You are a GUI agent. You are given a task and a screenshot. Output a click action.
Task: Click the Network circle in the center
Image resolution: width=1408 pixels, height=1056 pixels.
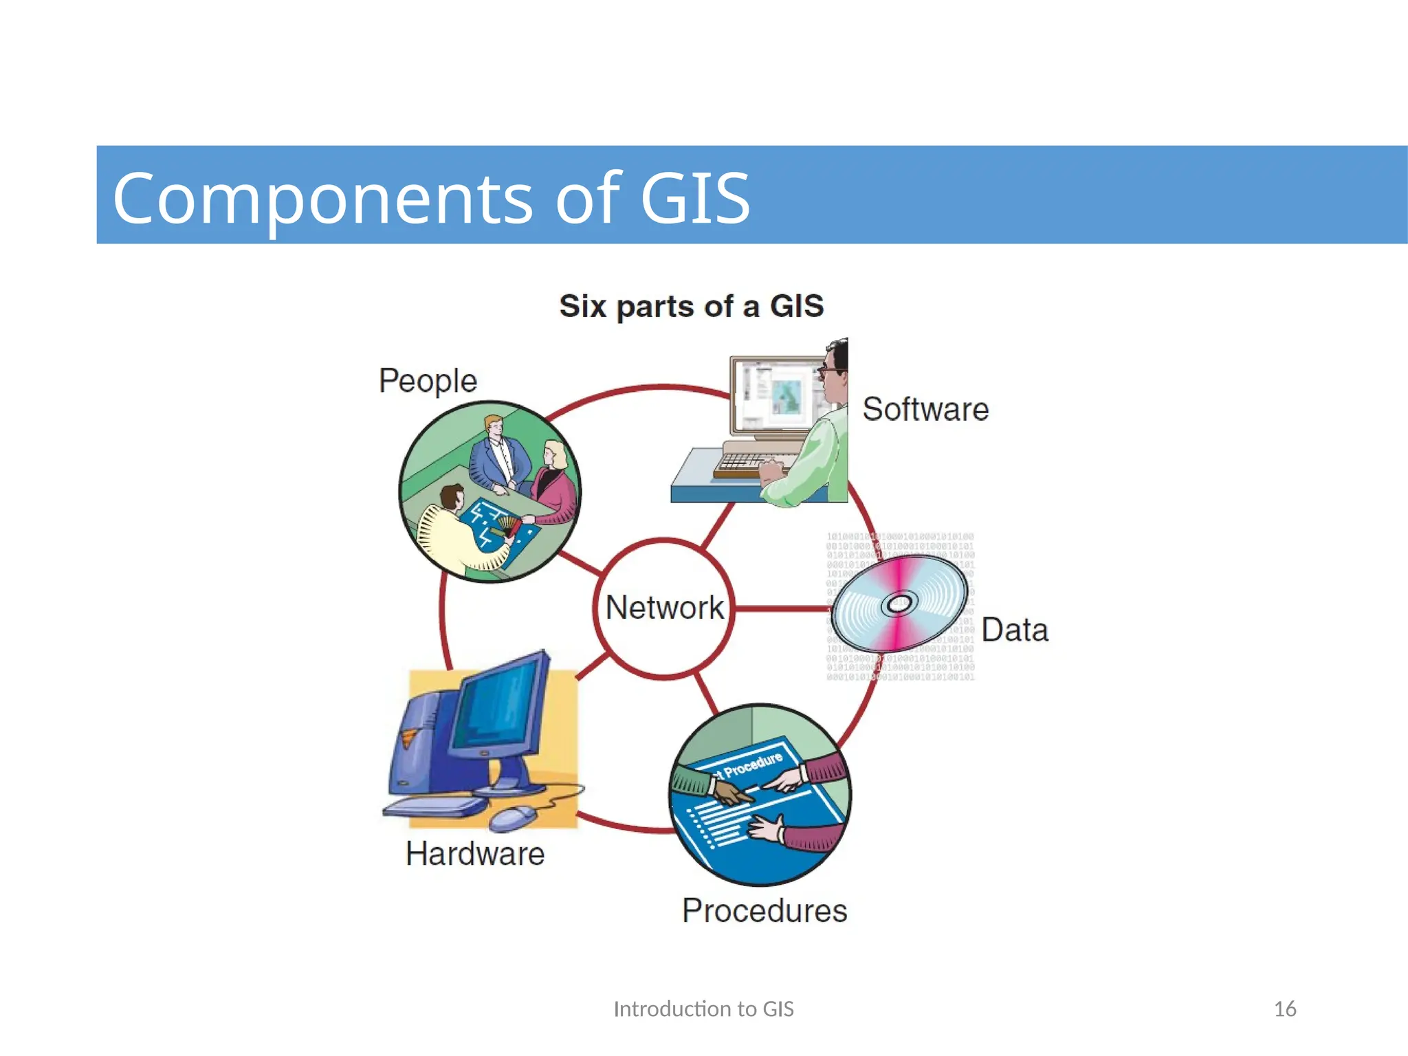pyautogui.click(x=663, y=609)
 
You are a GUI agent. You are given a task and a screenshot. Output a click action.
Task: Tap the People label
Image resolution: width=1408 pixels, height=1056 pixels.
pyautogui.click(x=428, y=381)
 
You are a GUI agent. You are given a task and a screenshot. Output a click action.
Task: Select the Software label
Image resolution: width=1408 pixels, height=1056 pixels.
pyautogui.click(x=925, y=410)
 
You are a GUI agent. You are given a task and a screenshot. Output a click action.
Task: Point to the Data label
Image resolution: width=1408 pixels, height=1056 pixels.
pyautogui.click(x=1014, y=630)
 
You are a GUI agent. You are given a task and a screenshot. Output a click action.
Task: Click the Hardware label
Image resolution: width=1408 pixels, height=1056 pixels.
pyautogui.click(x=475, y=854)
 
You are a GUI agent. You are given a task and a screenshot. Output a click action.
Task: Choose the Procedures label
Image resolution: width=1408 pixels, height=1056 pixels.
pyautogui.click(x=764, y=911)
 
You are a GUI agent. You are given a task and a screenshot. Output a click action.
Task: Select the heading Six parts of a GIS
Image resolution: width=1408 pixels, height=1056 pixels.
pyautogui.click(x=691, y=306)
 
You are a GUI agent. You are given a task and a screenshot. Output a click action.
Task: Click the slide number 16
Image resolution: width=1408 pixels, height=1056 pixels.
pyautogui.click(x=1284, y=1009)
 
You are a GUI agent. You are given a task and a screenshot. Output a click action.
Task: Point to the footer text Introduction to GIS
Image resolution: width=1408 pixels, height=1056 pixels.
pyautogui.click(x=703, y=1009)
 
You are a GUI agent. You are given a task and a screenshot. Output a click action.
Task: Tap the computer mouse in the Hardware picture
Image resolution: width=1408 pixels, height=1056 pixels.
pyautogui.click(x=513, y=817)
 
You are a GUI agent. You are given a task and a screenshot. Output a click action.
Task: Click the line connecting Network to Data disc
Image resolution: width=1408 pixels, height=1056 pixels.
pyautogui.click(x=780, y=608)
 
